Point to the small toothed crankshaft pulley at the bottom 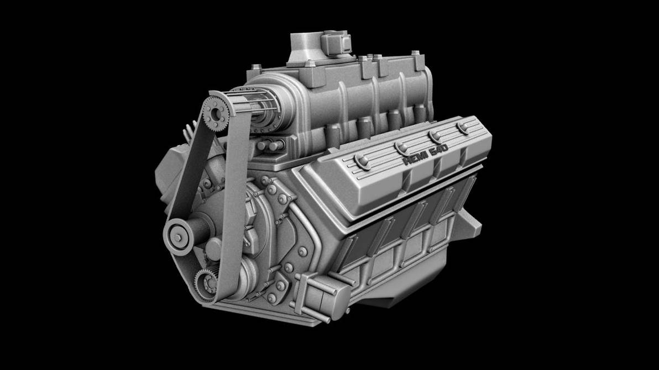tap(207, 284)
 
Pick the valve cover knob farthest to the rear tap(462, 127)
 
